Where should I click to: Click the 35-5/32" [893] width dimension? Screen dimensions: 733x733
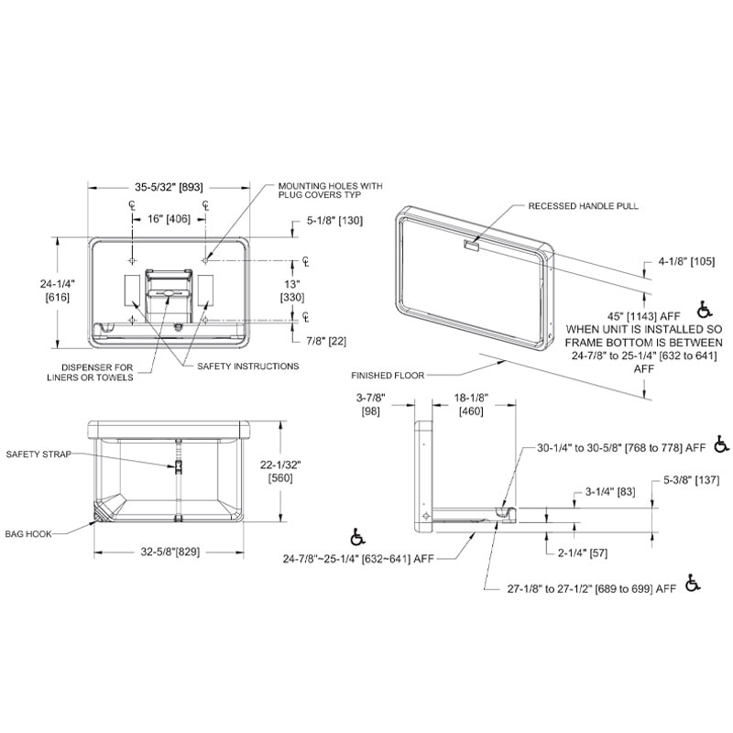point(169,187)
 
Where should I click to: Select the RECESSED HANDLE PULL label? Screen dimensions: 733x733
point(583,207)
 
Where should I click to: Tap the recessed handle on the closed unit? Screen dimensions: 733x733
point(471,245)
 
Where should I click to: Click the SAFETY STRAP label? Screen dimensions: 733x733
point(38,454)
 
